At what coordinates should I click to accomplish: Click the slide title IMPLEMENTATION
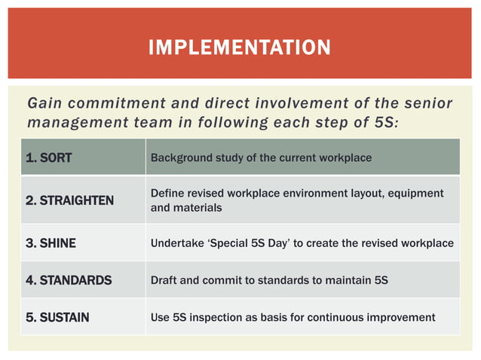[x=240, y=48]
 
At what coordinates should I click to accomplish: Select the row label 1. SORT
[x=49, y=158]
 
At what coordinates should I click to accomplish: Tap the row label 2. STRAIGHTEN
[x=69, y=200]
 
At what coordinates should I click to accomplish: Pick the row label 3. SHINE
[x=51, y=243]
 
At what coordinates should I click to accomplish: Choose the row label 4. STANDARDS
[x=68, y=280]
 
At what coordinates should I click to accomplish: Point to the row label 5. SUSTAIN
[x=57, y=317]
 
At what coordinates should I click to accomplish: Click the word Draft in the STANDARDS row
[x=164, y=280]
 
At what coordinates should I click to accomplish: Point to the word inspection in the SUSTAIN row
[x=225, y=317]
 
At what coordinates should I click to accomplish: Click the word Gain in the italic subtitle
[x=43, y=103]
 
